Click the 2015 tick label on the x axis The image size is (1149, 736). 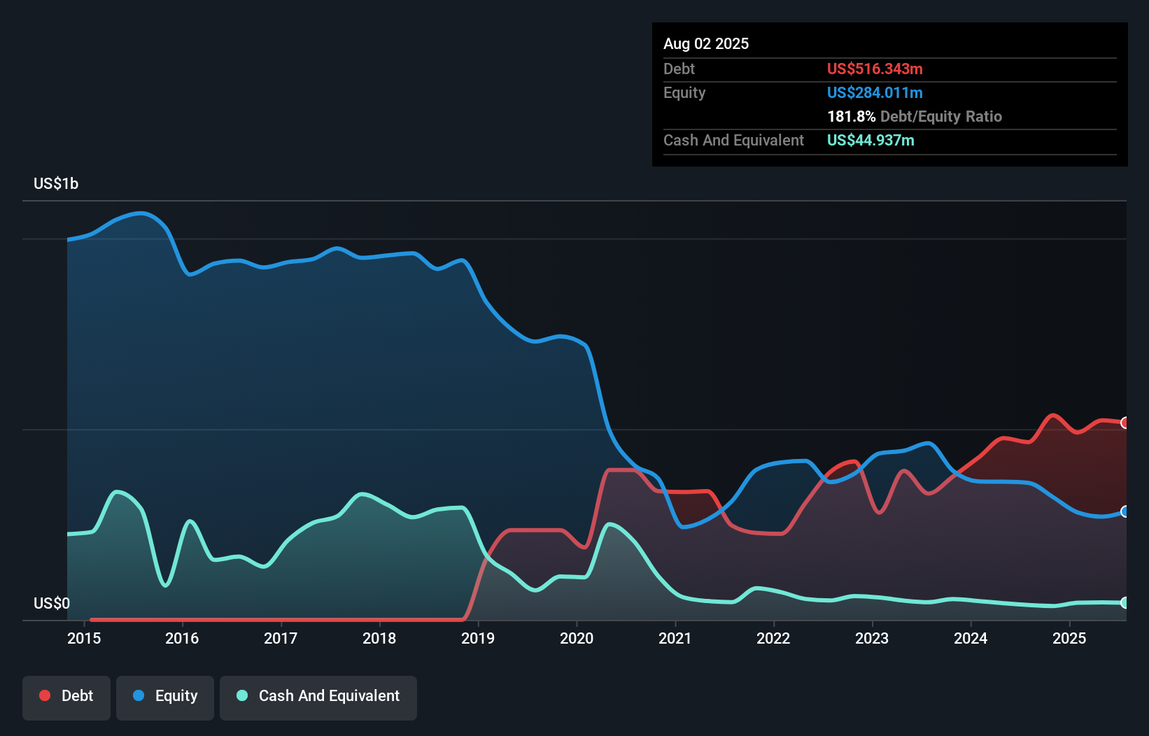tap(84, 638)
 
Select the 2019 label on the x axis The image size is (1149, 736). tap(478, 638)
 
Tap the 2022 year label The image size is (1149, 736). tap(773, 638)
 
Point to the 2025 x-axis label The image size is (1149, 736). tap(1069, 638)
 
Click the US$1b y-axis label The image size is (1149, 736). tap(56, 184)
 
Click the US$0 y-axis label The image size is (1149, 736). tap(52, 603)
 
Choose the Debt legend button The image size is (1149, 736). tap(66, 696)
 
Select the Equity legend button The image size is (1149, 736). tap(165, 696)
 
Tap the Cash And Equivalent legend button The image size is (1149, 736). tap(318, 696)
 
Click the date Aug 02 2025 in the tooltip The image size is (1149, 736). tap(706, 44)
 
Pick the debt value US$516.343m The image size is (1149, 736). tap(875, 69)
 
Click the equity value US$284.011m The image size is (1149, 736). tap(875, 92)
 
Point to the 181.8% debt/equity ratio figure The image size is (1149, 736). tap(851, 116)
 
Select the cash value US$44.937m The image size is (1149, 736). tap(870, 140)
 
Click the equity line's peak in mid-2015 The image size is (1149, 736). tap(142, 213)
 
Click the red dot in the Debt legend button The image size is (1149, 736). tap(45, 695)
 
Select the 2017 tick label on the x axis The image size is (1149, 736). tap(281, 638)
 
